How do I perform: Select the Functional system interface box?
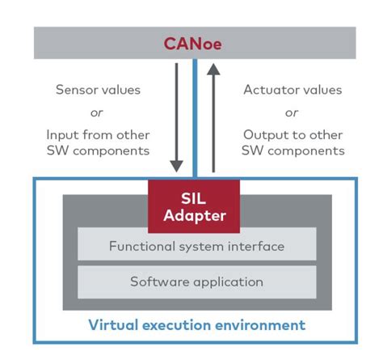[x=196, y=244]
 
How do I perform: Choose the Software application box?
[x=196, y=282]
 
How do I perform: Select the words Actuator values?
[x=293, y=90]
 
